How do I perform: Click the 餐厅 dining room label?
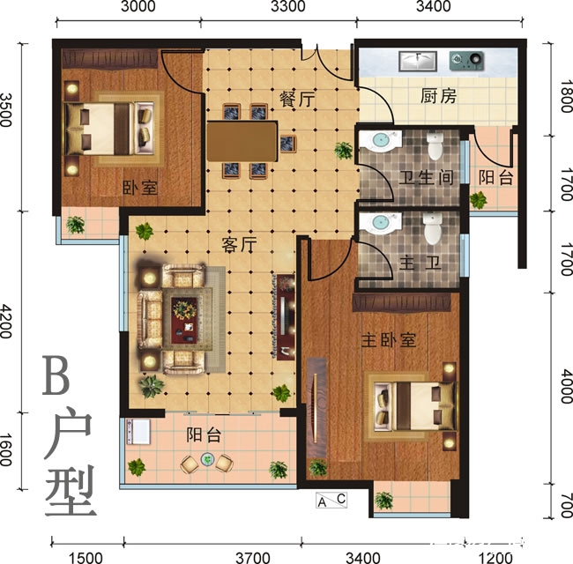click(x=297, y=100)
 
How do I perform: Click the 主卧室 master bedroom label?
click(x=388, y=339)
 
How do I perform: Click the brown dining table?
click(x=242, y=139)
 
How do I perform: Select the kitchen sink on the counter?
click(x=417, y=61)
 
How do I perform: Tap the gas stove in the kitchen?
click(x=466, y=61)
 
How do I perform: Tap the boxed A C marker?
click(x=332, y=501)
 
